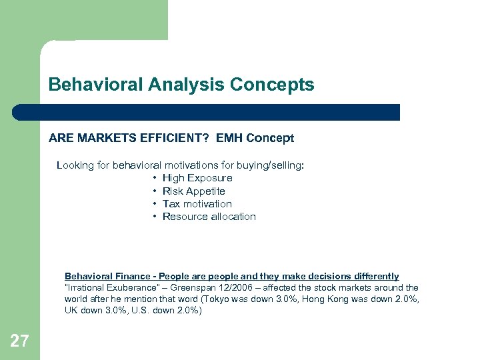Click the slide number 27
[20, 341]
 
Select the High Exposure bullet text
[197, 178]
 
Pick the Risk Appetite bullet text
[194, 191]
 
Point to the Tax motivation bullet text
[197, 204]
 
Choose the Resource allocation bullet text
[209, 217]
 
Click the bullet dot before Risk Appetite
[154, 191]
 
